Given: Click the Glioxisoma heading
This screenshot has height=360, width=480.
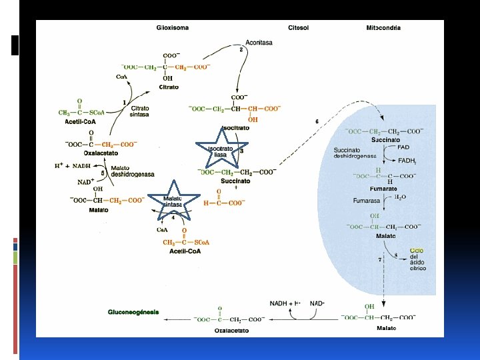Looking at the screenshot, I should point(172,28).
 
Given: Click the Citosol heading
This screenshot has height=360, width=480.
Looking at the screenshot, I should point(298,28).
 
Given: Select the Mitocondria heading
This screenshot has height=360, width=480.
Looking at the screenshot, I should point(383,28).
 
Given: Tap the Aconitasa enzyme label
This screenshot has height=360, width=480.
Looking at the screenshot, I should point(258,42).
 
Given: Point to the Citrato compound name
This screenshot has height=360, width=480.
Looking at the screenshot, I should point(168,87).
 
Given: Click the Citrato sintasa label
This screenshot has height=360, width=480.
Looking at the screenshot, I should point(139,111).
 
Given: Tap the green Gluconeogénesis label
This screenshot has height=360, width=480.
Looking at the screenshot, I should point(133,312).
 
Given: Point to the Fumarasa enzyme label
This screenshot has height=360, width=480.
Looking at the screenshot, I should point(365,200).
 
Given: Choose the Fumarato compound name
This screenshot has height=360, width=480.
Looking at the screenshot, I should point(384,189).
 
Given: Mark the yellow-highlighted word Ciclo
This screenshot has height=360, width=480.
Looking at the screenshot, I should point(417,251).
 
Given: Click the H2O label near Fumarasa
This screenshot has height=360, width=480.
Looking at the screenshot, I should point(401,198).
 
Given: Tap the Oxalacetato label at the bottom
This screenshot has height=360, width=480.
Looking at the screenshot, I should point(232,330).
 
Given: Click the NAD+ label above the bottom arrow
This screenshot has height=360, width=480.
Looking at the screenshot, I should point(317,303).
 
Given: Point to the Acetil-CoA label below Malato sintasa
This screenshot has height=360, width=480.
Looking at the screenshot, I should point(186,251).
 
